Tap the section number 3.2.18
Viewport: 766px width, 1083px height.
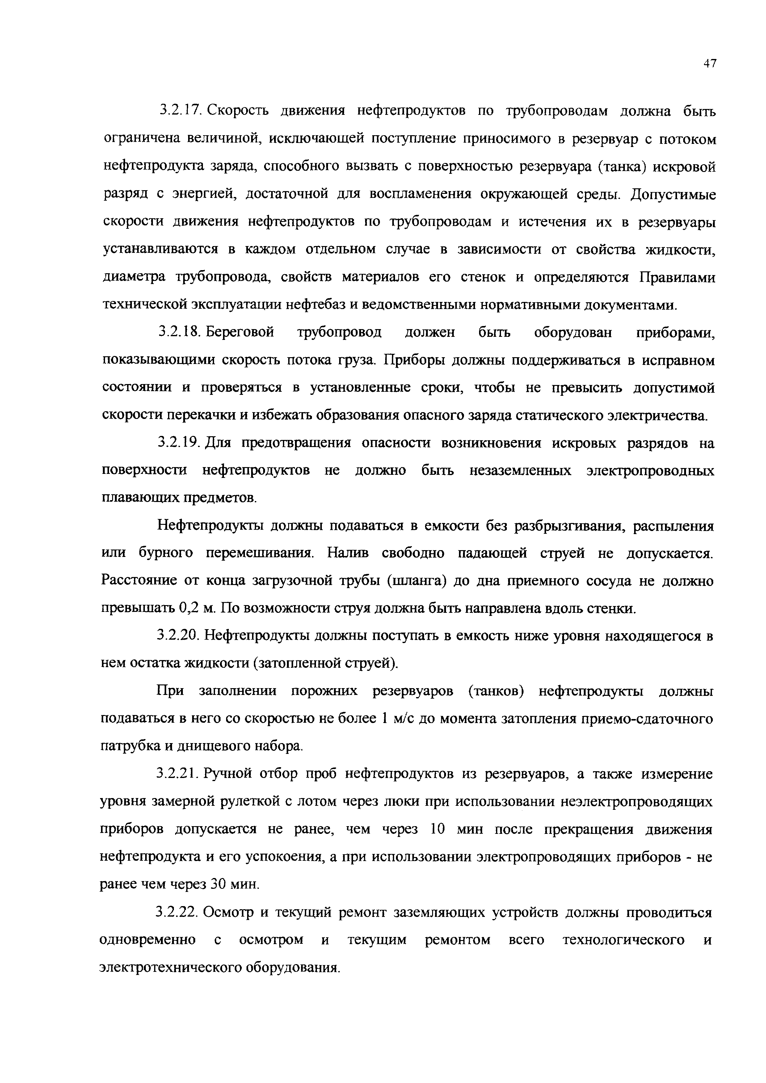pyautogui.click(x=180, y=332)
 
